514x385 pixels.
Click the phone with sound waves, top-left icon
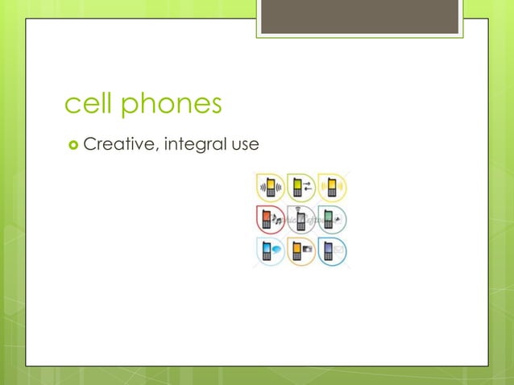pyautogui.click(x=270, y=188)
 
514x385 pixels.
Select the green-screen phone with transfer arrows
pyautogui.click(x=299, y=188)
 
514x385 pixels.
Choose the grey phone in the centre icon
pyautogui.click(x=300, y=220)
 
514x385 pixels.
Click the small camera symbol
pyautogui.click(x=308, y=251)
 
